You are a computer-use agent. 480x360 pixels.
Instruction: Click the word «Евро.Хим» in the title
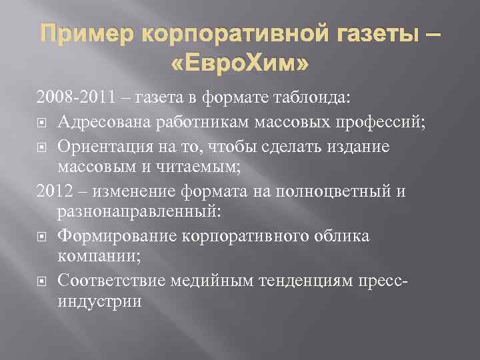pyautogui.click(x=240, y=65)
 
